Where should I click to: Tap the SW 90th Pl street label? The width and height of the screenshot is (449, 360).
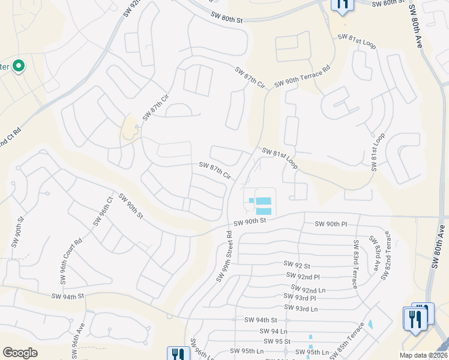click(331, 224)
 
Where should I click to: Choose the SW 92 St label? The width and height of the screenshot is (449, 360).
click(297, 265)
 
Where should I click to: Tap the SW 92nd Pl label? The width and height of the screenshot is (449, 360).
click(304, 277)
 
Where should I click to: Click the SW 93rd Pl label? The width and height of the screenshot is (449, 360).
click(300, 298)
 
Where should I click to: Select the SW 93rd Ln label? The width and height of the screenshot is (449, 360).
click(300, 308)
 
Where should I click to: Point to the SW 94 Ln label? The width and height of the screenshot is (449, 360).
click(274, 331)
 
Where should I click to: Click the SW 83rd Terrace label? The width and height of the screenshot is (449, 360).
click(355, 264)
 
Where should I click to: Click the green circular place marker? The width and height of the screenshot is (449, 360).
click(19, 66)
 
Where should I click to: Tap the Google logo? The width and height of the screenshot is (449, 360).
click(20, 353)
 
